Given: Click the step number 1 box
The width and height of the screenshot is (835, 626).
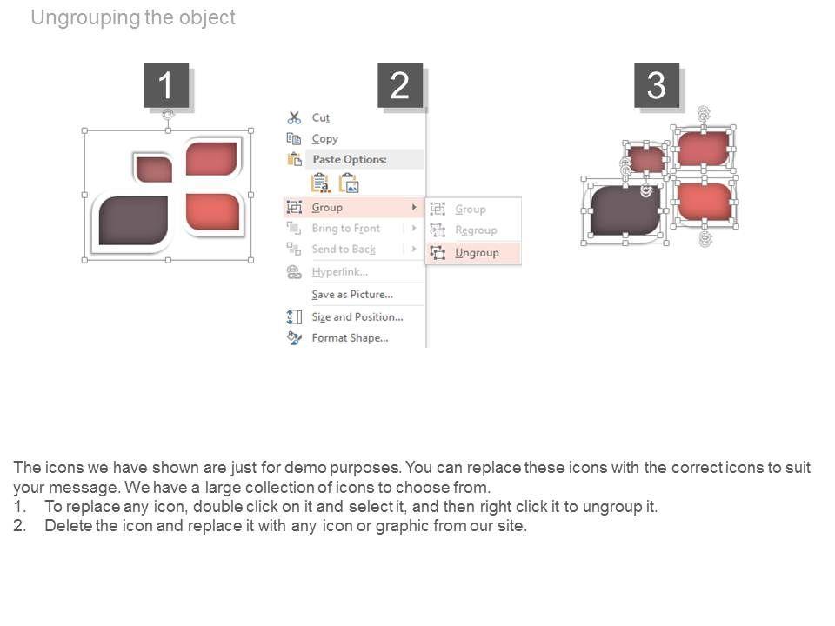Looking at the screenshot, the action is tap(165, 85).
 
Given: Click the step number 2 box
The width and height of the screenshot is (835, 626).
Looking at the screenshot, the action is tap(399, 85).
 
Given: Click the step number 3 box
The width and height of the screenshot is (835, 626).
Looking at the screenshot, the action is tap(656, 85).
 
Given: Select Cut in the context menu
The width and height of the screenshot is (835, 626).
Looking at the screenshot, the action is tap(321, 117).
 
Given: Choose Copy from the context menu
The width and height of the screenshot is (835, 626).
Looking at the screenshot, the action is tap(324, 138).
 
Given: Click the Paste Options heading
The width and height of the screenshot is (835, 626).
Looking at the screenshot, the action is tap(349, 159).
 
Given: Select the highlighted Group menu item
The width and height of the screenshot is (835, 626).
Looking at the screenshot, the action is tap(327, 207).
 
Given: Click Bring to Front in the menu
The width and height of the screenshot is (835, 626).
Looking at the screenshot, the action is tap(345, 228).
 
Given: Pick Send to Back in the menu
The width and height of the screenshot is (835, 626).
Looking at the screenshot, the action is tap(344, 249).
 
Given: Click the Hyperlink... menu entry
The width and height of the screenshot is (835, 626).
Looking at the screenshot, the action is tap(339, 271).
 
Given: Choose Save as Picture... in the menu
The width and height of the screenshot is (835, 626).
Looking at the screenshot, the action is tap(352, 294).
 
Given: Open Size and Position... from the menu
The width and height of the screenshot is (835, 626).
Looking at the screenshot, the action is tap(357, 316).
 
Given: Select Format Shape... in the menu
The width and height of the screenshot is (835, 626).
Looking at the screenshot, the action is tap(350, 337).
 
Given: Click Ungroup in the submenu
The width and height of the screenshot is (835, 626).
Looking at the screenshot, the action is tap(477, 252).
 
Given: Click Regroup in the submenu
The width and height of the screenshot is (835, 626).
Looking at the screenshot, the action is tap(476, 230).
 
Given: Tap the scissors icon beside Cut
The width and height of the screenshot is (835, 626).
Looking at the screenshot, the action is tap(294, 117).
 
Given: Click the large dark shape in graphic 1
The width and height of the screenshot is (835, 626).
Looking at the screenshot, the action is tap(132, 220).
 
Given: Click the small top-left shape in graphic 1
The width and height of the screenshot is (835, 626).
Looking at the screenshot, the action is tap(154, 168).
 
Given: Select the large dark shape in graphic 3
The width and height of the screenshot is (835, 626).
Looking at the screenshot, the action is tap(625, 210).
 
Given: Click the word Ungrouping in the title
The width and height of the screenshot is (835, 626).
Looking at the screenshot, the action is tap(84, 17).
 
